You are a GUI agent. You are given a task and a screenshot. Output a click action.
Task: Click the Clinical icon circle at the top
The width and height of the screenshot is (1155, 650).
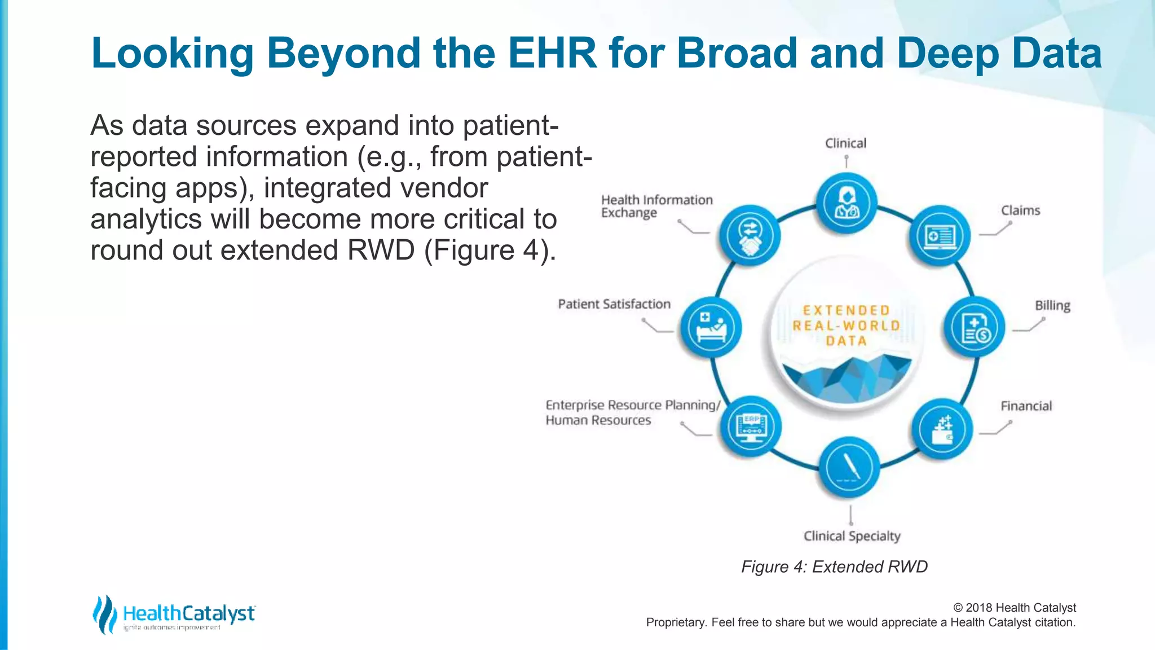(846, 203)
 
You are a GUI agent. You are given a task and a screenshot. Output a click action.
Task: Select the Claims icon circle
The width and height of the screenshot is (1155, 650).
(940, 236)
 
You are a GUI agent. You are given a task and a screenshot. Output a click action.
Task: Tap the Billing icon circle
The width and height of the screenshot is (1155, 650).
(975, 327)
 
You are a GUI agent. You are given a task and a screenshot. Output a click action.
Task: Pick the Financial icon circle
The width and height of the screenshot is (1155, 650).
(942, 429)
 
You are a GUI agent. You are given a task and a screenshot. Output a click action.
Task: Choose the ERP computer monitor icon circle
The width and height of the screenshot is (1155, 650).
(751, 427)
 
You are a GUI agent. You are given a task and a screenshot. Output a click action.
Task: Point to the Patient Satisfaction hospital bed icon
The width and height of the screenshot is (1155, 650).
(711, 327)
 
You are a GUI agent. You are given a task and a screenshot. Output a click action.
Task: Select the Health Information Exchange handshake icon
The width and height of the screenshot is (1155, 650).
(750, 235)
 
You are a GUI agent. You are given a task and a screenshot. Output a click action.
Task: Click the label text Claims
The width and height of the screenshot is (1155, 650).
(1020, 210)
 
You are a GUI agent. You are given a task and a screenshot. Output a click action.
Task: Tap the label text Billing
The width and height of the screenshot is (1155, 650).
(1052, 305)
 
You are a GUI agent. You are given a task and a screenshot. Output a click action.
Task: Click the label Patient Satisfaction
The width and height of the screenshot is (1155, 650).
(614, 304)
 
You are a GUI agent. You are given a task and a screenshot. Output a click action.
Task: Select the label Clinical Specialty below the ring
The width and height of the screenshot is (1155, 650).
(852, 536)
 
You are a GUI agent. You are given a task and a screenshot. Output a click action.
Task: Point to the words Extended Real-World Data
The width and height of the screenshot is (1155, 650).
(846, 326)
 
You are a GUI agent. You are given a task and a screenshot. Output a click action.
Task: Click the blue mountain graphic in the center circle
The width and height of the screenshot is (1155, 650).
(846, 378)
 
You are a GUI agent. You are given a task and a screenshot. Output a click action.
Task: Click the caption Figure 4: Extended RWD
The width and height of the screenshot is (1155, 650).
(834, 566)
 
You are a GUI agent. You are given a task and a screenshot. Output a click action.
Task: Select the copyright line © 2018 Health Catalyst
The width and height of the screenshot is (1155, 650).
(1014, 608)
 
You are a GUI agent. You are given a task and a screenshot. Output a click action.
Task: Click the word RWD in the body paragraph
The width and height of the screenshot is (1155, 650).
(381, 250)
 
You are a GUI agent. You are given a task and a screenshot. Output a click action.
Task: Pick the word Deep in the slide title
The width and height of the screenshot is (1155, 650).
(947, 53)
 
